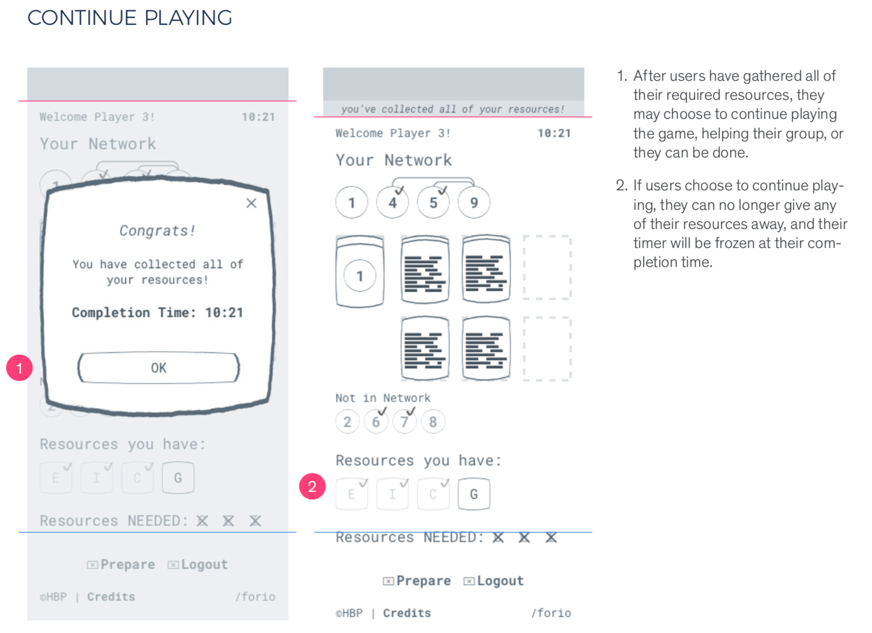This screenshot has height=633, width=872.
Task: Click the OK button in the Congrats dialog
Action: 159,368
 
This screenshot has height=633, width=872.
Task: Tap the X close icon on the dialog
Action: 251,203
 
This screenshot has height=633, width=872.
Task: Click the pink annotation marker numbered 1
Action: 19,368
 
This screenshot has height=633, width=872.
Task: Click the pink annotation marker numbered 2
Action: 312,487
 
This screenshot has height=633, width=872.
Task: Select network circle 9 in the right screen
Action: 474,202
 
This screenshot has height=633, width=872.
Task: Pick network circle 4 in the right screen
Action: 393,202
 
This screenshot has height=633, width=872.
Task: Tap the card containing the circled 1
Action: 360,271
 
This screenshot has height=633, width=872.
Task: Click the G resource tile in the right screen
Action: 473,494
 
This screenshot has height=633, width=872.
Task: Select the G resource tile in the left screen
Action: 178,478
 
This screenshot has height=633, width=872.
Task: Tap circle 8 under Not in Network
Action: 433,422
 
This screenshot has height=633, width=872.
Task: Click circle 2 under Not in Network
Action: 347,422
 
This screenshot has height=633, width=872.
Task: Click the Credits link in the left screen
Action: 111,597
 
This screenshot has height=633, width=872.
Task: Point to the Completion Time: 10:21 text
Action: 157,312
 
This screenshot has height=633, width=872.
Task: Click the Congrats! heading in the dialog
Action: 157,231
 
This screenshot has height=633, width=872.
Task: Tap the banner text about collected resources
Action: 453,109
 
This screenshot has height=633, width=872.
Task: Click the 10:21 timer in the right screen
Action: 554,133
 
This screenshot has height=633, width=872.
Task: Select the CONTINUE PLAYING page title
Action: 130,18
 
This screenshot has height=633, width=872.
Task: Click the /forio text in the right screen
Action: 551,613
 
